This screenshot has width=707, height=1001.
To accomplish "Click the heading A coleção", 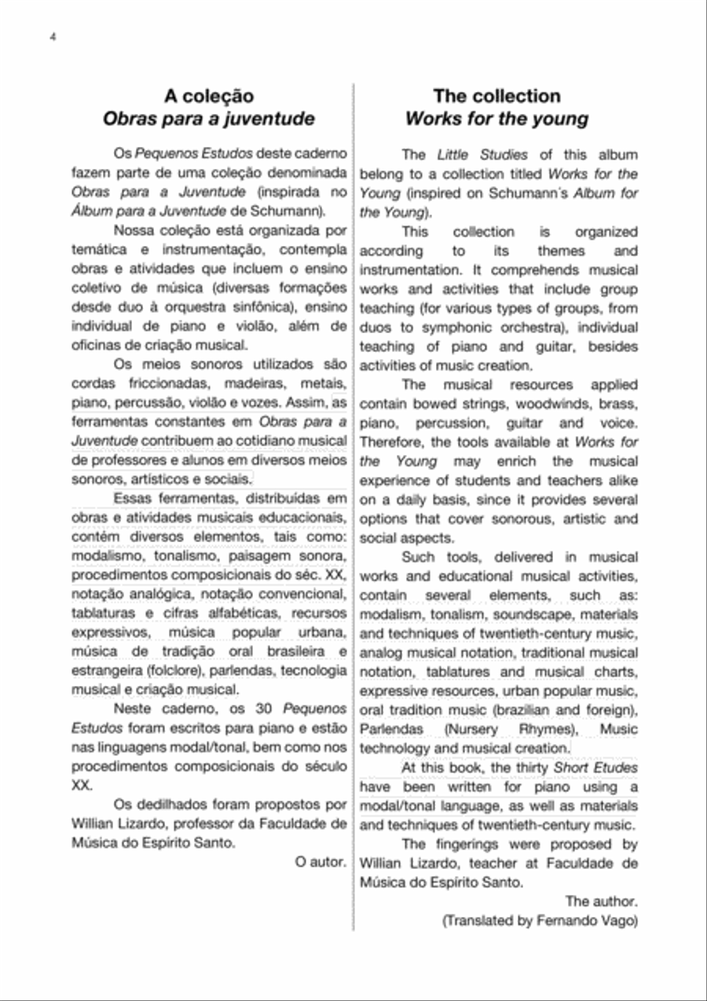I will point(208,97).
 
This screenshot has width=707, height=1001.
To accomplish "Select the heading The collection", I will point(496,97).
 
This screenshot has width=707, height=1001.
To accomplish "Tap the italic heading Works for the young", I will point(496,119).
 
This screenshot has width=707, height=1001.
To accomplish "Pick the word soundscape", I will point(531,614).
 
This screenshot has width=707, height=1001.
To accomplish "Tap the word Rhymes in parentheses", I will point(551,729).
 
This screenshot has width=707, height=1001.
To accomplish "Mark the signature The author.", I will point(601,901).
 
